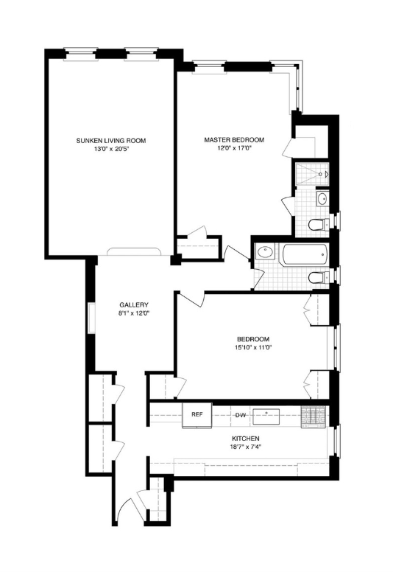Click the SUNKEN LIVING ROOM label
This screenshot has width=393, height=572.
click(x=110, y=141)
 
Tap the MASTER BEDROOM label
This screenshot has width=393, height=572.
click(x=234, y=140)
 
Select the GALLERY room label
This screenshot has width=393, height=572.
click(x=134, y=305)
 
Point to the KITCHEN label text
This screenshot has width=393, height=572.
click(x=246, y=439)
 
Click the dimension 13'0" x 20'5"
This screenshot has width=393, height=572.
click(x=110, y=148)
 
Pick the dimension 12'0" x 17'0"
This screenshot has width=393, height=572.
click(x=234, y=147)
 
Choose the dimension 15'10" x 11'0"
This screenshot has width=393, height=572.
click(x=253, y=347)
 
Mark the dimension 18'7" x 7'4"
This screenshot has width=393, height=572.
click(x=246, y=447)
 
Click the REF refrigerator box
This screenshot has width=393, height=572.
click(x=197, y=416)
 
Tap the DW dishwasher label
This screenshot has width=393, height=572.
click(x=240, y=415)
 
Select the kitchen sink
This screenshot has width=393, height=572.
click(x=266, y=416)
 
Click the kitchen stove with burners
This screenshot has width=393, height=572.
click(x=314, y=417)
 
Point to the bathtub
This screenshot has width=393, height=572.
click(x=304, y=255)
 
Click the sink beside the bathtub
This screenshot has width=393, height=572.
click(x=265, y=252)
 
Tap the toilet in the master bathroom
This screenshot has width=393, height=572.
click(x=319, y=224)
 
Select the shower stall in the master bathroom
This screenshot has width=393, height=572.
click(x=312, y=174)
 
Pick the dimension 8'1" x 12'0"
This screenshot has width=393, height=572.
click(x=134, y=313)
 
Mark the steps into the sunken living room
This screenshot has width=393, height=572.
click(x=134, y=252)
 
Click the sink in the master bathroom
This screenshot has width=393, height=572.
click(x=322, y=199)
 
